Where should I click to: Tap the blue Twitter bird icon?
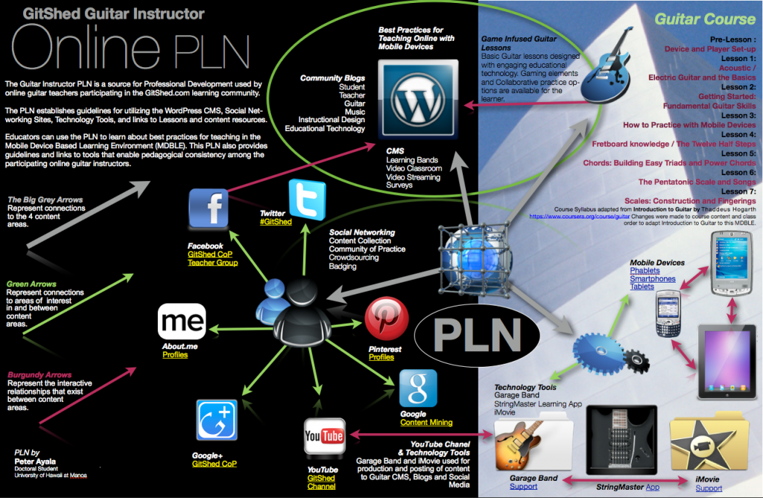[x=307, y=199]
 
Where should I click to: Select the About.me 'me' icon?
[x=182, y=322]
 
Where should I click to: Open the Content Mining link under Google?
[x=425, y=423]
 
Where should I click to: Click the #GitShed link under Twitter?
[x=276, y=222]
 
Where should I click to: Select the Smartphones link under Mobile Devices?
[x=653, y=279]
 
